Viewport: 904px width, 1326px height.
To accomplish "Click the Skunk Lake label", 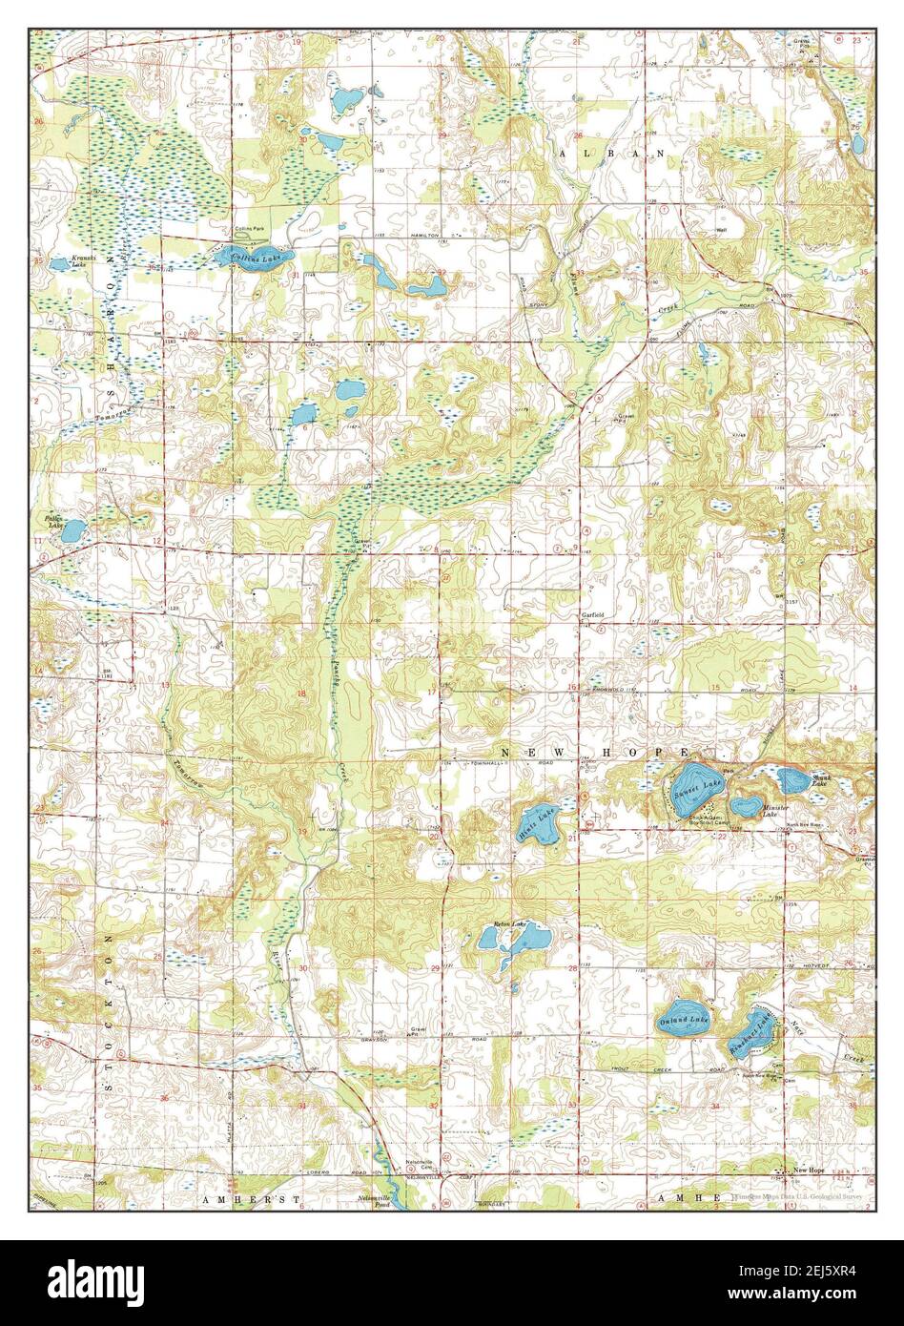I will (x=821, y=781).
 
